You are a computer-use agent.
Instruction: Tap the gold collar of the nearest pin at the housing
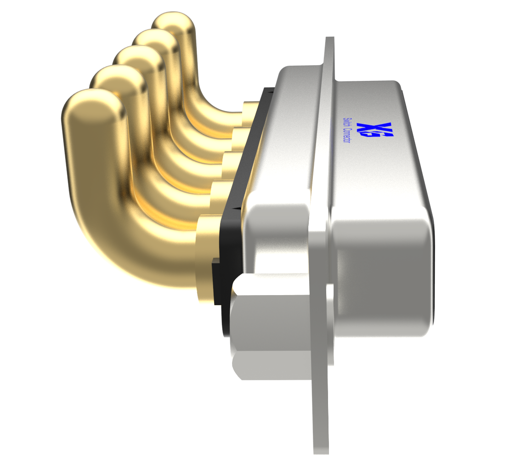(x=204, y=257)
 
